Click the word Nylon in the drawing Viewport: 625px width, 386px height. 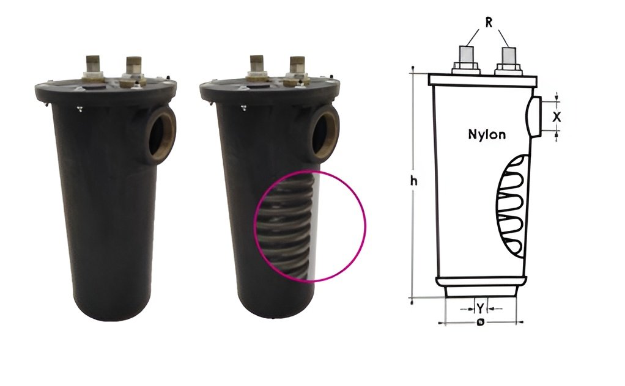tap(487, 134)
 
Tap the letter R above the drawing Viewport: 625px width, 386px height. tap(489, 23)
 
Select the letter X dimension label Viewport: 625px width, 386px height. tap(557, 117)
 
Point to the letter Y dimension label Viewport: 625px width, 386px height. tap(481, 308)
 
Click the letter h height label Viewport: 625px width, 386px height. tap(414, 181)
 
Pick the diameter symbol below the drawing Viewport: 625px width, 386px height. tap(481, 322)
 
